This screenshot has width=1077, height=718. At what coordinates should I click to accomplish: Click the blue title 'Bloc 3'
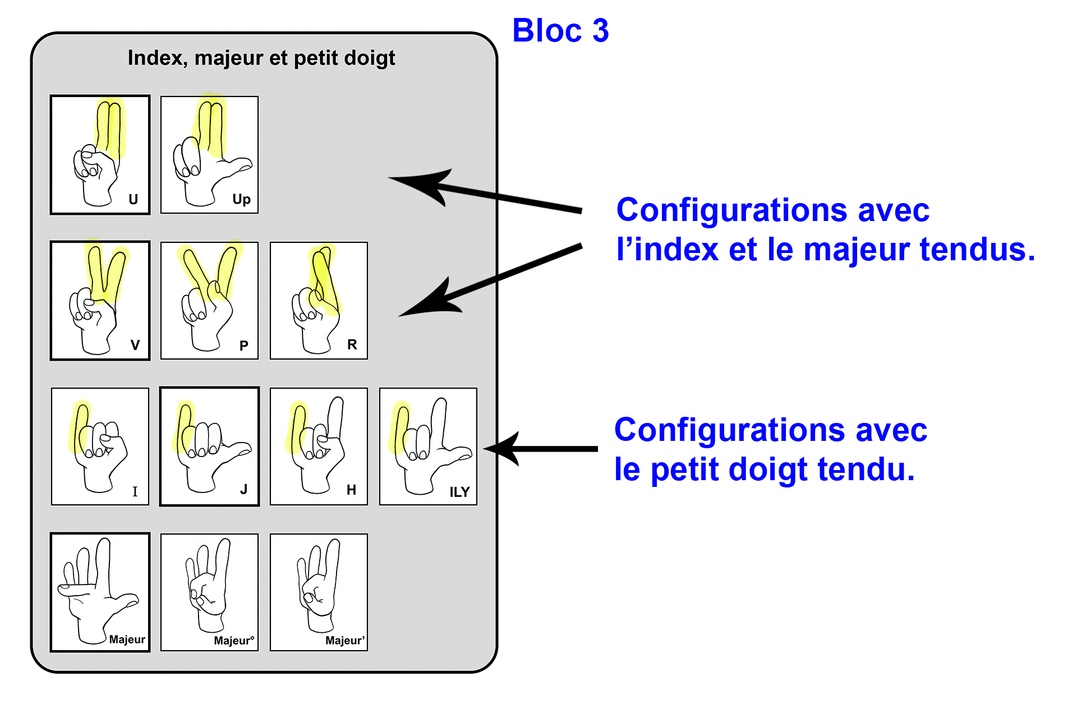pyautogui.click(x=560, y=30)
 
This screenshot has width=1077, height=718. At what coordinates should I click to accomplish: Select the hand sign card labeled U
pyautogui.click(x=100, y=154)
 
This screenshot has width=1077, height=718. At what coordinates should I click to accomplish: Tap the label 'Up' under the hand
pyautogui.click(x=241, y=199)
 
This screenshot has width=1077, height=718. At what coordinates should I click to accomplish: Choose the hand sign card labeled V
pyautogui.click(x=100, y=300)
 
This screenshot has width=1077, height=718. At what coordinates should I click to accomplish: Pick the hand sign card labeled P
pyautogui.click(x=209, y=300)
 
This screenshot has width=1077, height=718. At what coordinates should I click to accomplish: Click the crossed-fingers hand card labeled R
pyautogui.click(x=319, y=300)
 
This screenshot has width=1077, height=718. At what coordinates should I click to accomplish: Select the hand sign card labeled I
pyautogui.click(x=100, y=446)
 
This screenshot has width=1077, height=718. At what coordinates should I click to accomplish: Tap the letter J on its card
pyautogui.click(x=243, y=490)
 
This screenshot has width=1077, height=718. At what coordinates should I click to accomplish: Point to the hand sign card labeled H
pyautogui.click(x=319, y=446)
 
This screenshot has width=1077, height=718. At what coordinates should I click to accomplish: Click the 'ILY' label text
pyautogui.click(x=459, y=492)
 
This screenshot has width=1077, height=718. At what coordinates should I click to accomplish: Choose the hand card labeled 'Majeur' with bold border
pyautogui.click(x=100, y=592)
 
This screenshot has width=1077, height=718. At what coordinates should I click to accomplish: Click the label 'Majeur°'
pyautogui.click(x=234, y=641)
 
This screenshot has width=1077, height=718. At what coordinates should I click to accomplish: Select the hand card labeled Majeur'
pyautogui.click(x=319, y=592)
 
